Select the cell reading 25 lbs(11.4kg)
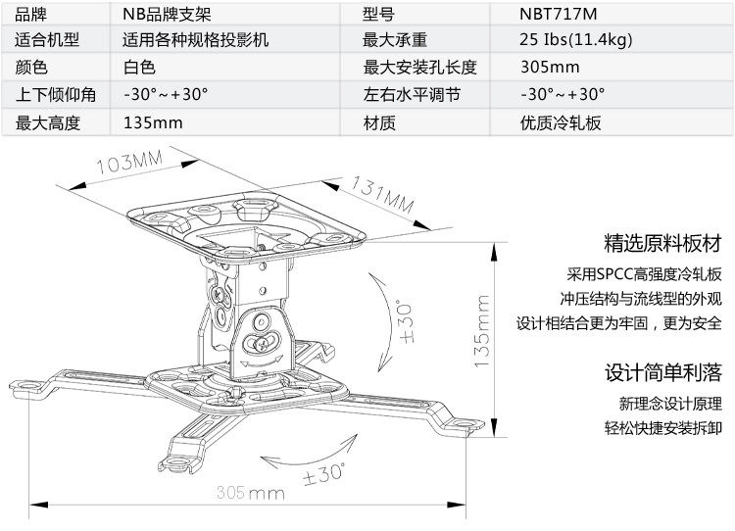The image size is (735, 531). coord(575,40)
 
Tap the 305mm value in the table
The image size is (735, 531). coord(550,68)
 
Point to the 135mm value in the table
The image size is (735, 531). coord(153,122)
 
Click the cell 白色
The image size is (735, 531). coord(140,68)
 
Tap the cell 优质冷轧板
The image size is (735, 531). coord(561,122)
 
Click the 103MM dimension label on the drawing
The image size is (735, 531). coord(128,162)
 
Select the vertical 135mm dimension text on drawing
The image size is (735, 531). coord(481,334)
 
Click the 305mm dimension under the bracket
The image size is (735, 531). coord(249,491)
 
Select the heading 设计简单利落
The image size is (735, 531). coord(662,372)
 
